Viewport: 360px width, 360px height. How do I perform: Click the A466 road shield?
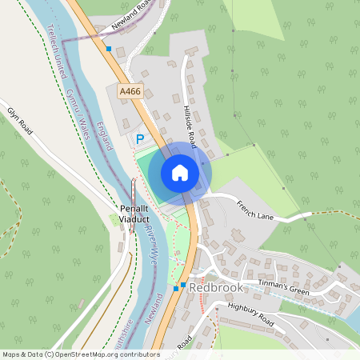pos(130,92)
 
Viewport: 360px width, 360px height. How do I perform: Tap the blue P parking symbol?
pos(139,139)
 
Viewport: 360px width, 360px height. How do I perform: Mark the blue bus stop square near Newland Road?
pos(109,48)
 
